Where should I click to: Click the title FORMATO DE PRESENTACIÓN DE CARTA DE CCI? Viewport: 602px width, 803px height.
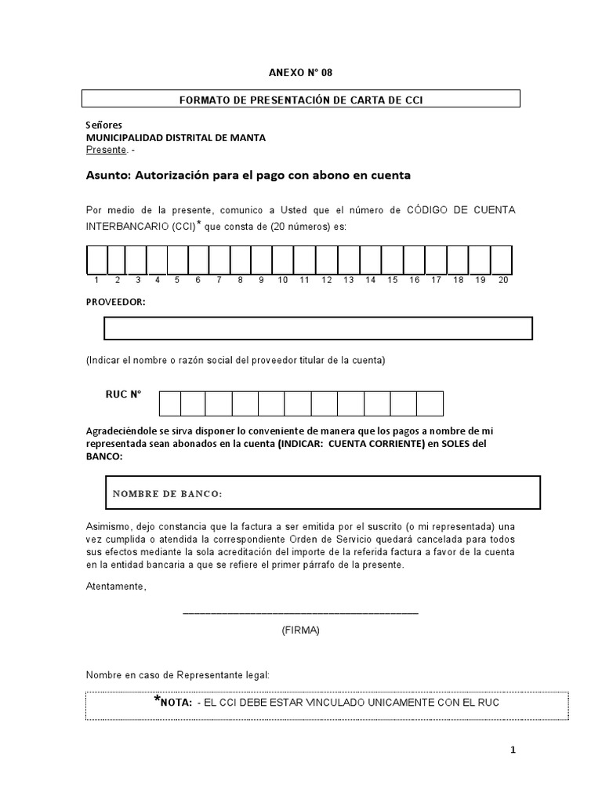301,99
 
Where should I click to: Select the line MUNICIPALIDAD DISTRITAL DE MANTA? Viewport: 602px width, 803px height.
175,137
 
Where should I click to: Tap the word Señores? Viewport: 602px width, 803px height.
103,125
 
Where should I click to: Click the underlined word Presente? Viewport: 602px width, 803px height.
105,149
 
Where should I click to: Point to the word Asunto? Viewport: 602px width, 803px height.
108,176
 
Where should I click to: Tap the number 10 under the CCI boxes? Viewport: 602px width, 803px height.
282,280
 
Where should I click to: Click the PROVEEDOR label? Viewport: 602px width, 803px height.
114,302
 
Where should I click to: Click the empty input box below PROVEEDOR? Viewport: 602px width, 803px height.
318,328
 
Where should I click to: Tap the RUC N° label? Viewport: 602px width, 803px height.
123,395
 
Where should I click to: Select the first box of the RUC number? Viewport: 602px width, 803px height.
170,403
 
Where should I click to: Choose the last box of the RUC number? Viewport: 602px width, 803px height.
430,403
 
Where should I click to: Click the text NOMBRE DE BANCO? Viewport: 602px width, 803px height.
167,493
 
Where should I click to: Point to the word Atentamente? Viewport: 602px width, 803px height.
115,587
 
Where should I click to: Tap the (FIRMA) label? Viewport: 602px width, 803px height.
300,630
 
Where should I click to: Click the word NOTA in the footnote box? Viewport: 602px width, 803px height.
176,703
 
